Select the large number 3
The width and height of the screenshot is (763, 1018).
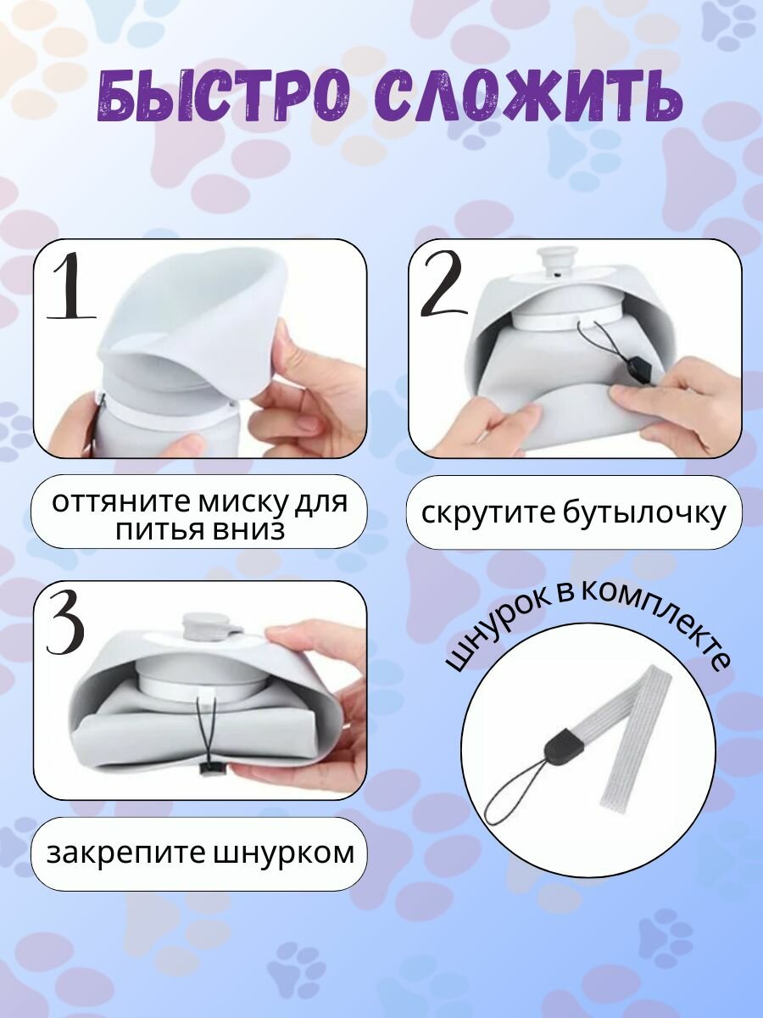(x=65, y=624)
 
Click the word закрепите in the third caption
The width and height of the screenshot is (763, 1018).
(x=115, y=853)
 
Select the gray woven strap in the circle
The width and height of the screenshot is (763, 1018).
(x=627, y=730)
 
